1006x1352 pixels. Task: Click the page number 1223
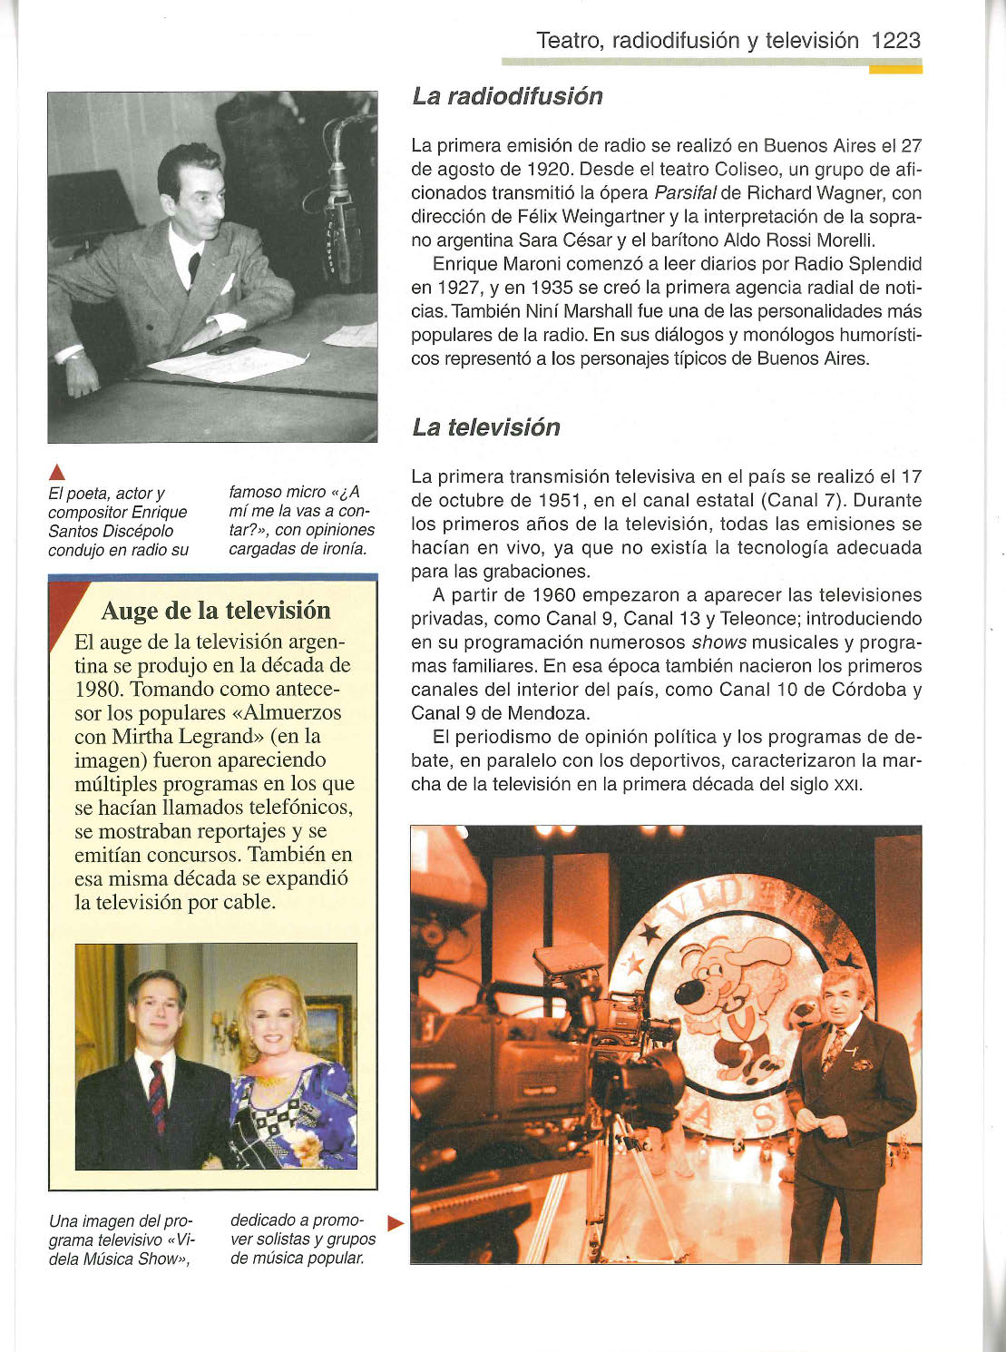tap(895, 41)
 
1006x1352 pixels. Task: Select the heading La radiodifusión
tap(507, 96)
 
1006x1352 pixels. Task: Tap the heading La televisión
tap(486, 427)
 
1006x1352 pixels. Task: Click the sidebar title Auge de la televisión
tap(216, 611)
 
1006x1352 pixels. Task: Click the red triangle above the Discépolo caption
tap(56, 471)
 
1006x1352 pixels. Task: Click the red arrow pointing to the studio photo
tap(395, 1223)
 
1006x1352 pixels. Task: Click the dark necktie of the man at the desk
tap(194, 268)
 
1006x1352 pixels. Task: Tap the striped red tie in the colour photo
tap(158, 1096)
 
